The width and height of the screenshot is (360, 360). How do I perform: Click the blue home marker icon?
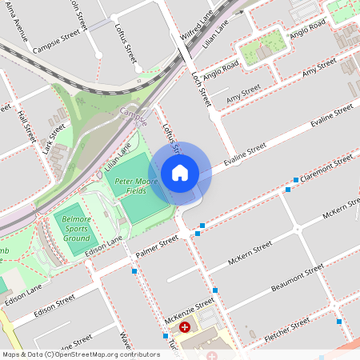[180, 173]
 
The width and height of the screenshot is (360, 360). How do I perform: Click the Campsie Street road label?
[61, 42]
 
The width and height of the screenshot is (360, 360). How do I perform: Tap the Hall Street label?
[25, 126]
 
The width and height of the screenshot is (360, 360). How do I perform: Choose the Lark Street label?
[54, 137]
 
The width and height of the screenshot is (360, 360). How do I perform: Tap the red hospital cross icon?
[186, 327]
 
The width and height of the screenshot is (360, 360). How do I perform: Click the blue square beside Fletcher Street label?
[340, 322]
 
